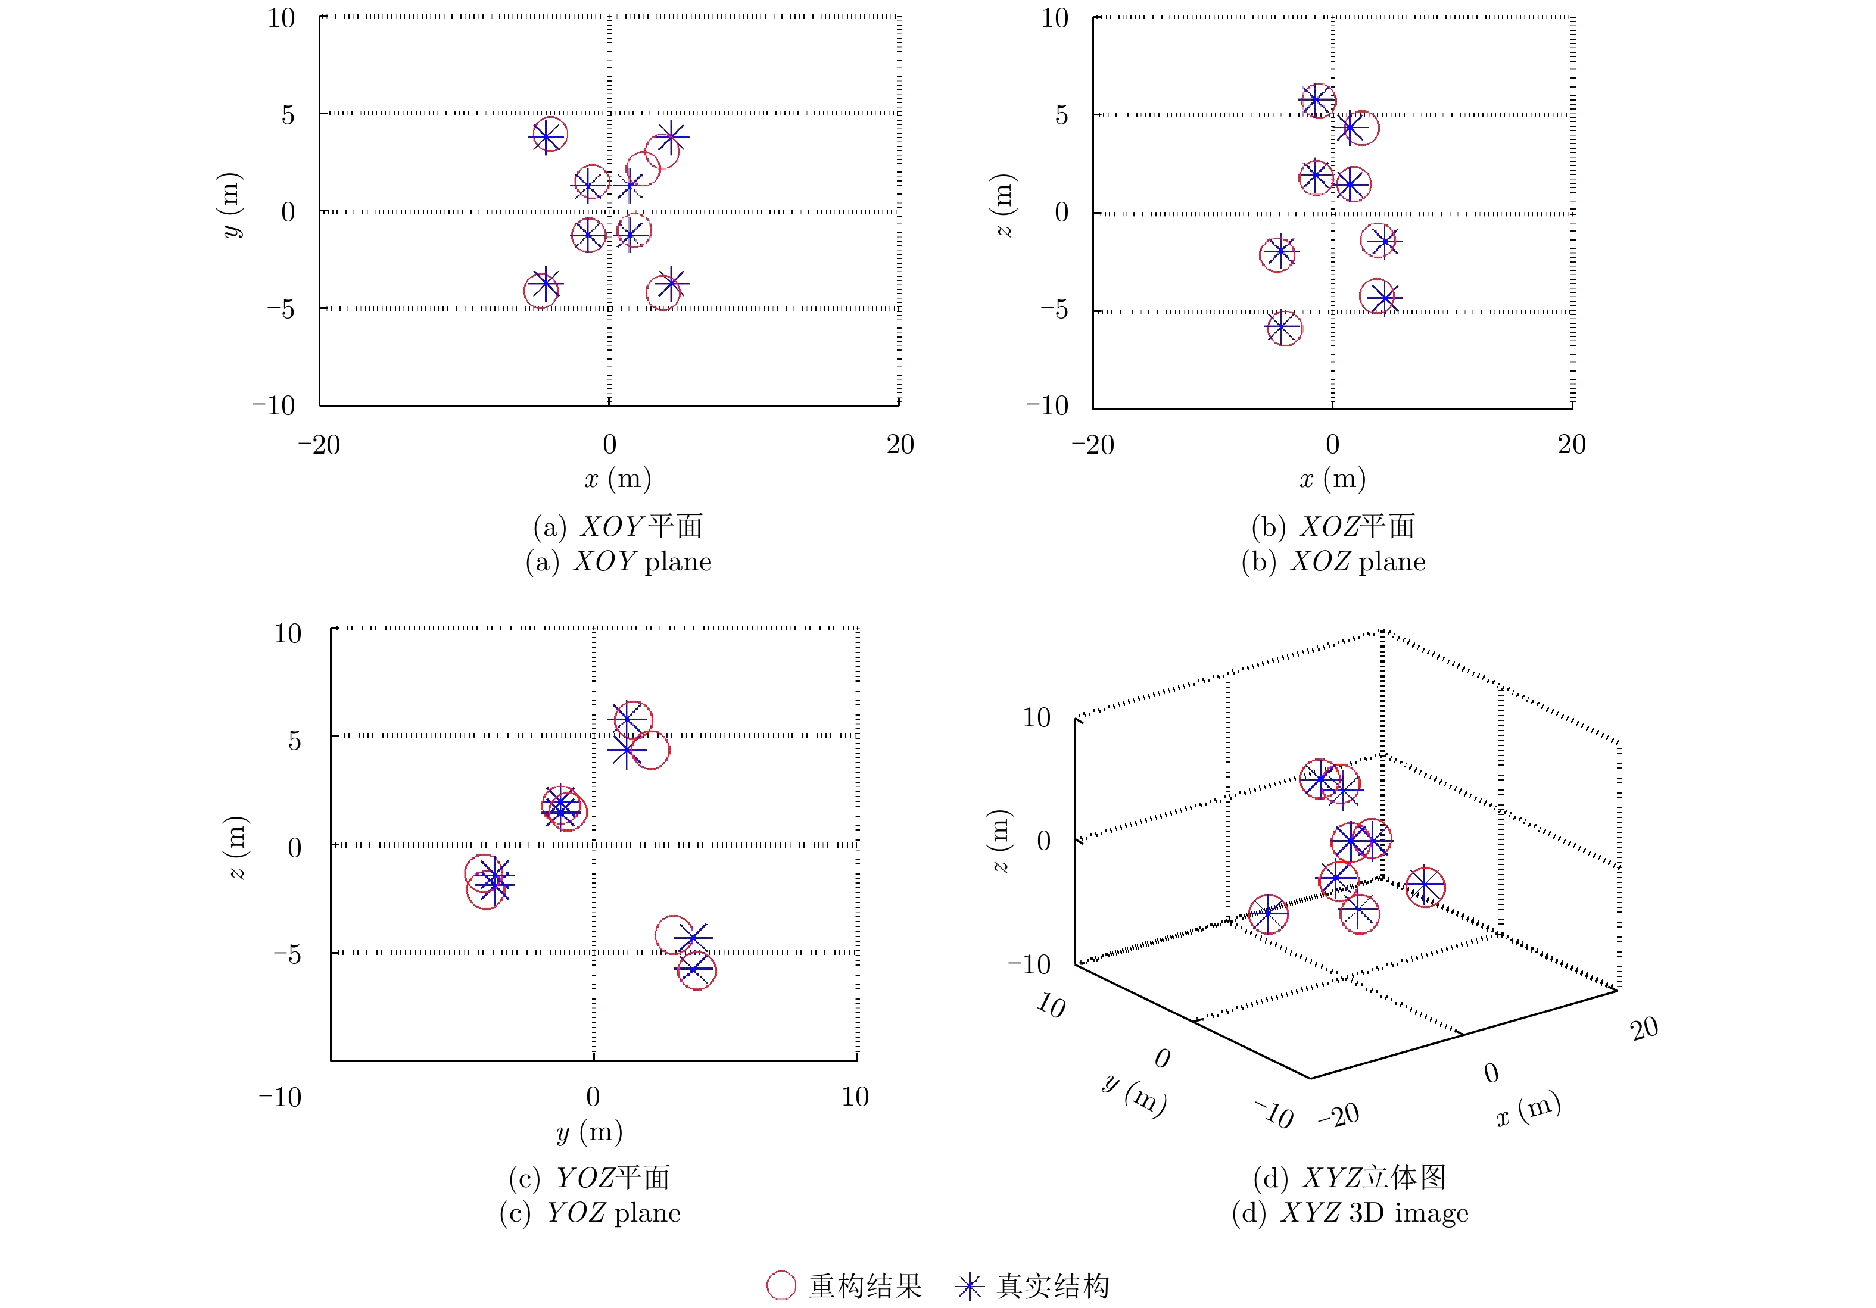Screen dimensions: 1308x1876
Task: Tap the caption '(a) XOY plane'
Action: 619,562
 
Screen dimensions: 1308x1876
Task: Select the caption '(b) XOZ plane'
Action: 1333,562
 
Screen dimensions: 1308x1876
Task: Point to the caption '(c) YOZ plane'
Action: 590,1212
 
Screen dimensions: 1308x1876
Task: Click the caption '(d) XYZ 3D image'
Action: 1350,1212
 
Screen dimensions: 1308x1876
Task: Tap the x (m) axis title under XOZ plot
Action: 1333,479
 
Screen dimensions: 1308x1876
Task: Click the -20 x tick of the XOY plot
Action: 319,445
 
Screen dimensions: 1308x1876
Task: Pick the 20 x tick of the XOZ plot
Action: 1571,445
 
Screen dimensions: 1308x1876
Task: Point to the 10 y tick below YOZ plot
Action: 855,1097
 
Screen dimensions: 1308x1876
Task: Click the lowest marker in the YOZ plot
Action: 696,970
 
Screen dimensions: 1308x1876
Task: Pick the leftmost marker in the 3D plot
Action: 1268,913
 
